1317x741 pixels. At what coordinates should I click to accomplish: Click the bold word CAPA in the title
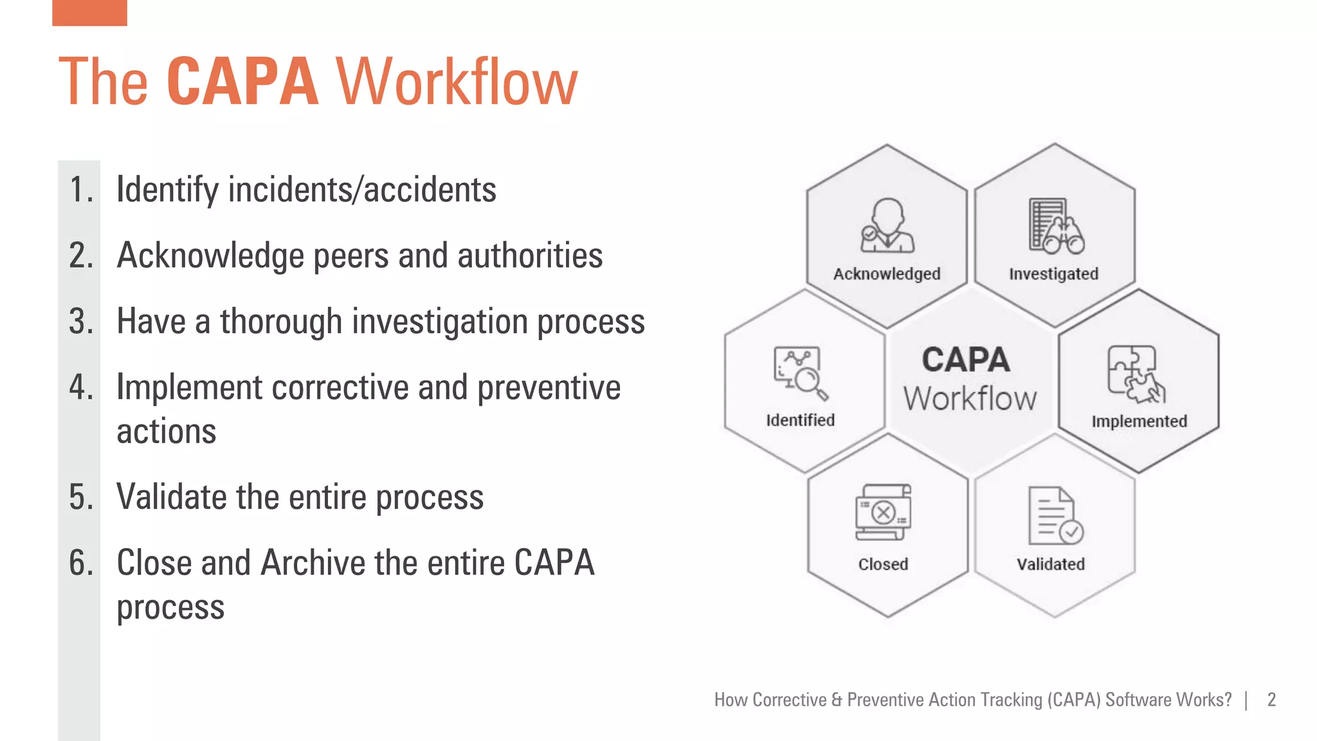(x=242, y=82)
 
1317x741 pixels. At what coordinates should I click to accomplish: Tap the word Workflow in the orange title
(x=457, y=82)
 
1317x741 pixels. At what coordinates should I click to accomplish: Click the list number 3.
(x=81, y=321)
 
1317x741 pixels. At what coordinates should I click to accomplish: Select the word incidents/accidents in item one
(x=362, y=190)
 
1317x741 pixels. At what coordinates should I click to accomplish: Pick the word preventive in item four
(x=549, y=387)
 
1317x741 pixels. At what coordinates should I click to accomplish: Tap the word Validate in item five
(x=170, y=497)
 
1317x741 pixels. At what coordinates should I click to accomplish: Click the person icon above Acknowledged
(x=887, y=226)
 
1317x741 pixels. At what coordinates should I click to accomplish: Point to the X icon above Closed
(x=884, y=513)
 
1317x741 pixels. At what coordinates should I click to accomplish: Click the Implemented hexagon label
(x=1139, y=421)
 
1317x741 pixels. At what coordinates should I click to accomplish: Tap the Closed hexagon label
(x=883, y=564)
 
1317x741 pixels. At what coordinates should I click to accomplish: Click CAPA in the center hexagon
(x=965, y=360)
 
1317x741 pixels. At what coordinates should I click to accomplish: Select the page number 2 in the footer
(x=1271, y=700)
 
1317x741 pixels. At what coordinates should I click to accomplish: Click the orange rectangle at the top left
(x=89, y=12)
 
